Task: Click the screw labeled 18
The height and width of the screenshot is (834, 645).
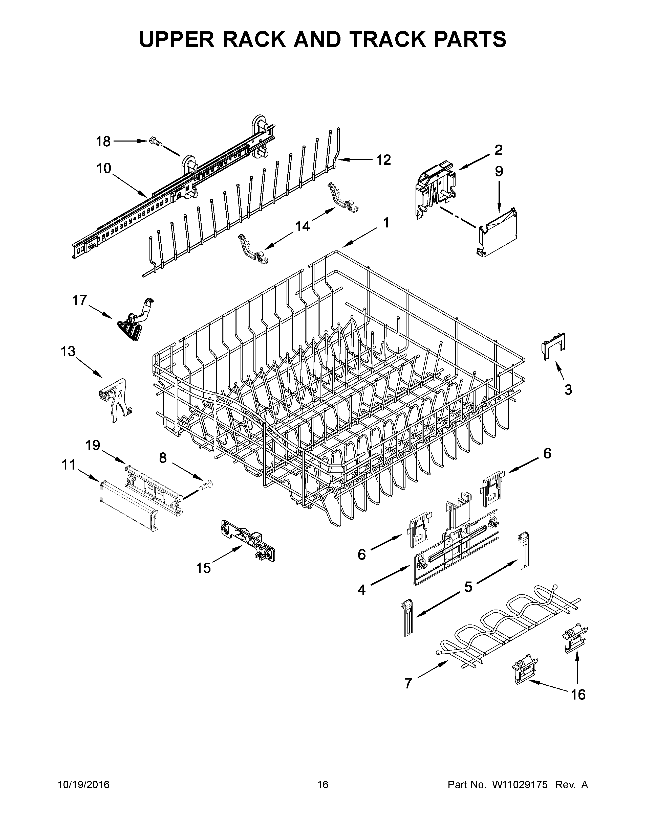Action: click(156, 142)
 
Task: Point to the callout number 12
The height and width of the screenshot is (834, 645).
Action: click(383, 160)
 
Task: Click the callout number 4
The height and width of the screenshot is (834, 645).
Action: click(361, 590)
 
